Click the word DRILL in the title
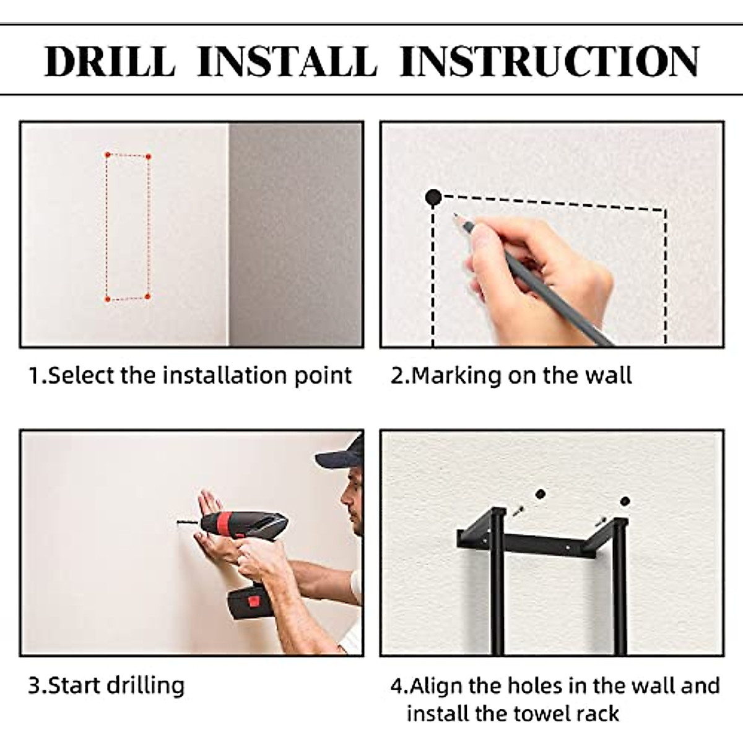(110, 62)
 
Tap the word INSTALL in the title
(287, 62)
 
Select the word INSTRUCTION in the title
(550, 62)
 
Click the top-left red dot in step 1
(108, 155)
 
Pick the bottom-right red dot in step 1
(147, 296)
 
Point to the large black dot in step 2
(433, 197)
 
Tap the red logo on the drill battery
(253, 601)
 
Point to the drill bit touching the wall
(188, 523)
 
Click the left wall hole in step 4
(540, 494)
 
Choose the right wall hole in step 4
(625, 502)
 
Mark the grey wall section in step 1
(296, 235)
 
